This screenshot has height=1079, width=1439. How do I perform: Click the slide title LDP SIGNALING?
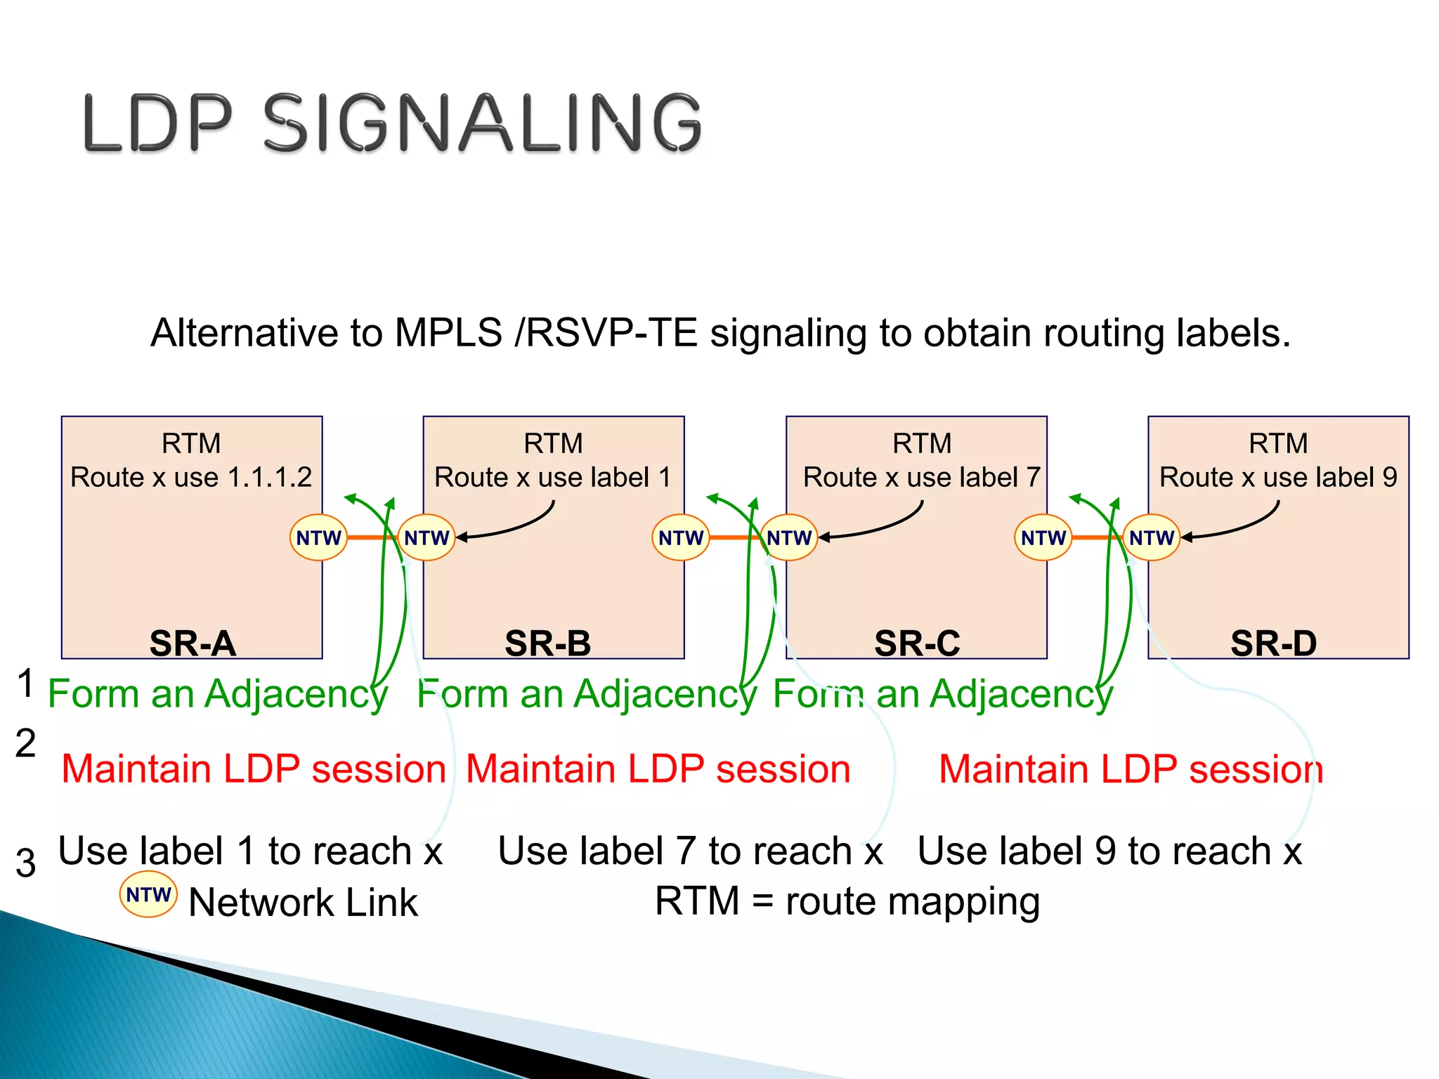coord(392,123)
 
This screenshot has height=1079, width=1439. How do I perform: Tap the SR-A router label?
coord(193,643)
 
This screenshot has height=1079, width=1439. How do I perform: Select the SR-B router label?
coord(548,643)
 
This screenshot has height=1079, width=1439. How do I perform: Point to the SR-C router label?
coord(917,643)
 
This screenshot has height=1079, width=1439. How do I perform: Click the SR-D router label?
coord(1274,643)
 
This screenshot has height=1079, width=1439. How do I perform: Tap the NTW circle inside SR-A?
coord(318,538)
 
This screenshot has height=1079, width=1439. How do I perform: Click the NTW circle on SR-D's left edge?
coord(1152,538)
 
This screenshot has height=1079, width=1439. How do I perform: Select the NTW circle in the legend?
coord(148,895)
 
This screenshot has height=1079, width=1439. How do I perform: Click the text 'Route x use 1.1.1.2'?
coord(191,478)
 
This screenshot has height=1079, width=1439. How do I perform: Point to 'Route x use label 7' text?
coord(922,478)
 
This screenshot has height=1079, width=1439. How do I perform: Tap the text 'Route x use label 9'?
coord(1278,478)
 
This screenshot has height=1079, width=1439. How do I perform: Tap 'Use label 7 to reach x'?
coord(690,851)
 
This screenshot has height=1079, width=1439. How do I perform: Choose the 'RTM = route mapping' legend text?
coord(847,901)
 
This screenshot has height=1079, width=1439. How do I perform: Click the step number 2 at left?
coord(25,743)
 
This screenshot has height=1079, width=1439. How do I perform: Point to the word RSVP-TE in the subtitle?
coord(611,333)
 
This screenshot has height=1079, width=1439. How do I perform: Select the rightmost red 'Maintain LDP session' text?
coord(1131,769)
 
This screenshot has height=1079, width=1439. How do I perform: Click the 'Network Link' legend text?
coord(304,903)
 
